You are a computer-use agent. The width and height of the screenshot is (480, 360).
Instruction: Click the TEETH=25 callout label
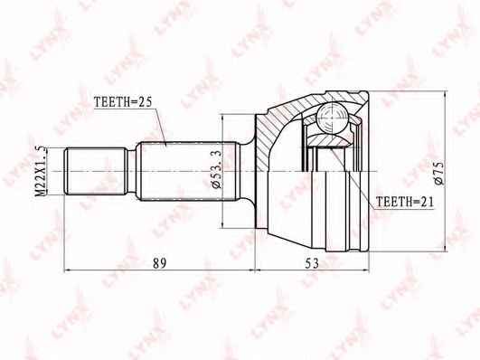pos(123,102)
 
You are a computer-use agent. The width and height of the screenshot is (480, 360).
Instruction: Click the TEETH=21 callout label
pos(404,202)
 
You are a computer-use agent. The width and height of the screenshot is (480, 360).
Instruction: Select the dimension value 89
pos(159,263)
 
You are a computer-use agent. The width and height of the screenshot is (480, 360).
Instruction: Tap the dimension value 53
pos(312,263)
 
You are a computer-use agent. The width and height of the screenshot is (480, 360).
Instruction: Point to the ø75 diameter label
pos(439,173)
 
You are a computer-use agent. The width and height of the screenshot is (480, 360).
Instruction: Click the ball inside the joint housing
pos(332,118)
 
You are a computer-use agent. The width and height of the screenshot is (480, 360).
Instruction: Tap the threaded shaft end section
pos(96,171)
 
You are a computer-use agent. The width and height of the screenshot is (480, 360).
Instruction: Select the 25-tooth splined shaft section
pos(187,171)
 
